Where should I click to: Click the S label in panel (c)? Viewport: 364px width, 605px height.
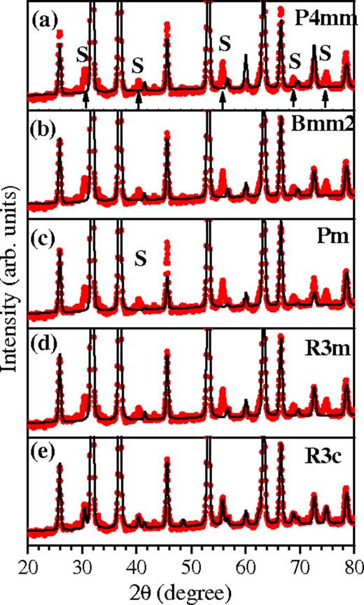141,259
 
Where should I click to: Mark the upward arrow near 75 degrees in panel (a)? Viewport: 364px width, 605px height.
325,102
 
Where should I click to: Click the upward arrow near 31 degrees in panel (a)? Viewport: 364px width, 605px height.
85,102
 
